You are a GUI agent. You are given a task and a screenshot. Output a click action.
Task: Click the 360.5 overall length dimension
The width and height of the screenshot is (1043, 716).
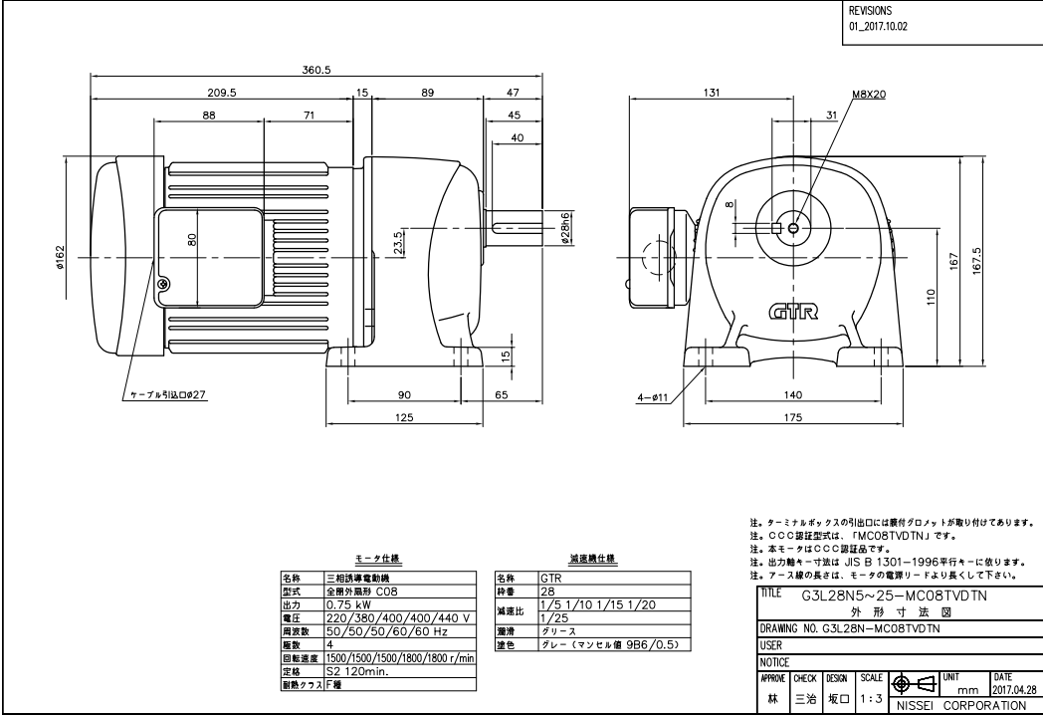tap(315, 70)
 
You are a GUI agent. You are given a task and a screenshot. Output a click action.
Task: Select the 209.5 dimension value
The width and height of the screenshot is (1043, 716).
tap(222, 93)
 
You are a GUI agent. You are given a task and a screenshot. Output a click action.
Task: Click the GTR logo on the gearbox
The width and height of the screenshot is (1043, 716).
tap(792, 313)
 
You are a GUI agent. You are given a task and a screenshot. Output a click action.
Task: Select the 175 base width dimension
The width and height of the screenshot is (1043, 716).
tap(792, 418)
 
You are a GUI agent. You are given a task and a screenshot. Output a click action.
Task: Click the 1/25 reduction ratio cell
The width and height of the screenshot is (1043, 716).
tap(553, 617)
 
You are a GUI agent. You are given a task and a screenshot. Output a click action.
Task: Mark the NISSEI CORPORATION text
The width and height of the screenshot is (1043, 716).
tap(961, 705)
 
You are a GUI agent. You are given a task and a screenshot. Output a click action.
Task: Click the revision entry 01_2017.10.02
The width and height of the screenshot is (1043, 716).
tap(877, 27)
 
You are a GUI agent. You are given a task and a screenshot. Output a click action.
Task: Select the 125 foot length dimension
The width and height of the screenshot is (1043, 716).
tap(403, 418)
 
